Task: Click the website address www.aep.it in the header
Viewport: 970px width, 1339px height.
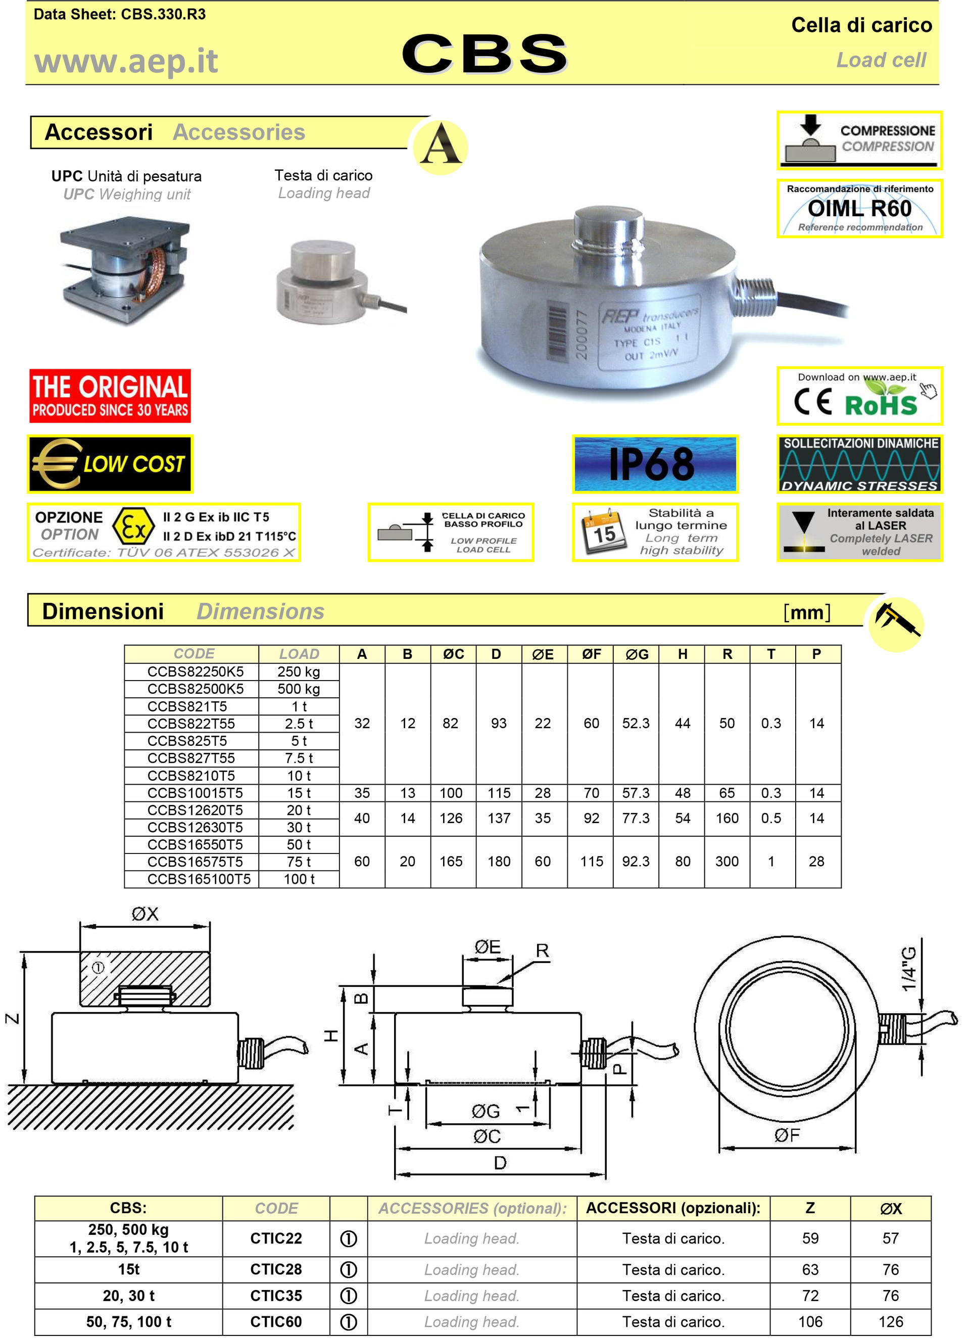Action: point(126,61)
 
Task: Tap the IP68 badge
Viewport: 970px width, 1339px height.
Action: point(654,464)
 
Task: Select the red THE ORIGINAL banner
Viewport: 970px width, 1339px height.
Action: point(110,396)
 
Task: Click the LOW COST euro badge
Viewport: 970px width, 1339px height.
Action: point(110,464)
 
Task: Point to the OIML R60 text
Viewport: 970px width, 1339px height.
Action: point(859,208)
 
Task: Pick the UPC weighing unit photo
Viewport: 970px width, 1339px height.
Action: point(125,270)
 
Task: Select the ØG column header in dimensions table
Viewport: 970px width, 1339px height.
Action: point(637,654)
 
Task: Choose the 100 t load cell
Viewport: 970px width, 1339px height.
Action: point(299,879)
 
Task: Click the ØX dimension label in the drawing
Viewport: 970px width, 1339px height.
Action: point(144,914)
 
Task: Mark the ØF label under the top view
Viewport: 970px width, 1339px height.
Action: point(787,1135)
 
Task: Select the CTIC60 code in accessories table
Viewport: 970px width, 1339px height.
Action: point(276,1321)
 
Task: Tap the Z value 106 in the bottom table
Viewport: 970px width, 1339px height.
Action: point(810,1321)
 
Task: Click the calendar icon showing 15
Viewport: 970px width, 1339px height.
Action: point(603,532)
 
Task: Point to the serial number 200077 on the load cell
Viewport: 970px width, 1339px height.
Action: point(581,334)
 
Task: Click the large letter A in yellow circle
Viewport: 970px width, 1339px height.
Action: point(440,146)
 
